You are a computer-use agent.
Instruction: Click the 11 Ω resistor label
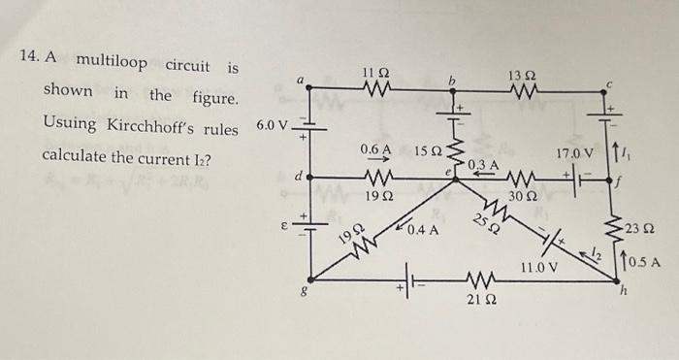375,73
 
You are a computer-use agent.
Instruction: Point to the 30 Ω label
521,195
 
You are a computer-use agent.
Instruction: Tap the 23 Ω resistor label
641,229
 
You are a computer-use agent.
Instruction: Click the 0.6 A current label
374,150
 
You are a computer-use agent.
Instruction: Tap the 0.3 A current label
483,167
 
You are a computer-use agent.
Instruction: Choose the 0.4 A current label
424,230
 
